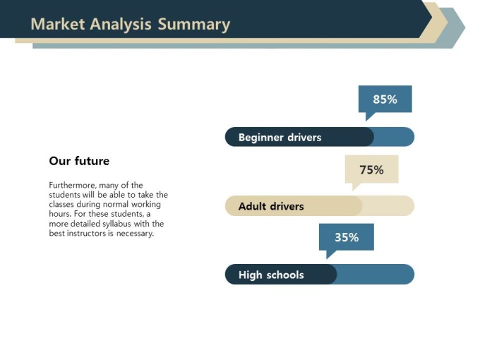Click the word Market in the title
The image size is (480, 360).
[58, 24]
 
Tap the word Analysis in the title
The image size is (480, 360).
[121, 25]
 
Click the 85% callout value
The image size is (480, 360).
[385, 100]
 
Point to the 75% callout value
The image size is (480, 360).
[371, 169]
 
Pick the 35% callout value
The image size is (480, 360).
[347, 237]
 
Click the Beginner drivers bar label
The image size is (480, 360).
[280, 138]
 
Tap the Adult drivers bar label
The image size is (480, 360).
[271, 206]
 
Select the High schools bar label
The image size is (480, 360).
[271, 275]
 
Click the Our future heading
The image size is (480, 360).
[79, 161]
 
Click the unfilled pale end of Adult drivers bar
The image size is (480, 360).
[388, 205]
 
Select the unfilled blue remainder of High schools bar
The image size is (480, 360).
[376, 275]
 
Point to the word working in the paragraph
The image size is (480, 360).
[146, 205]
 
